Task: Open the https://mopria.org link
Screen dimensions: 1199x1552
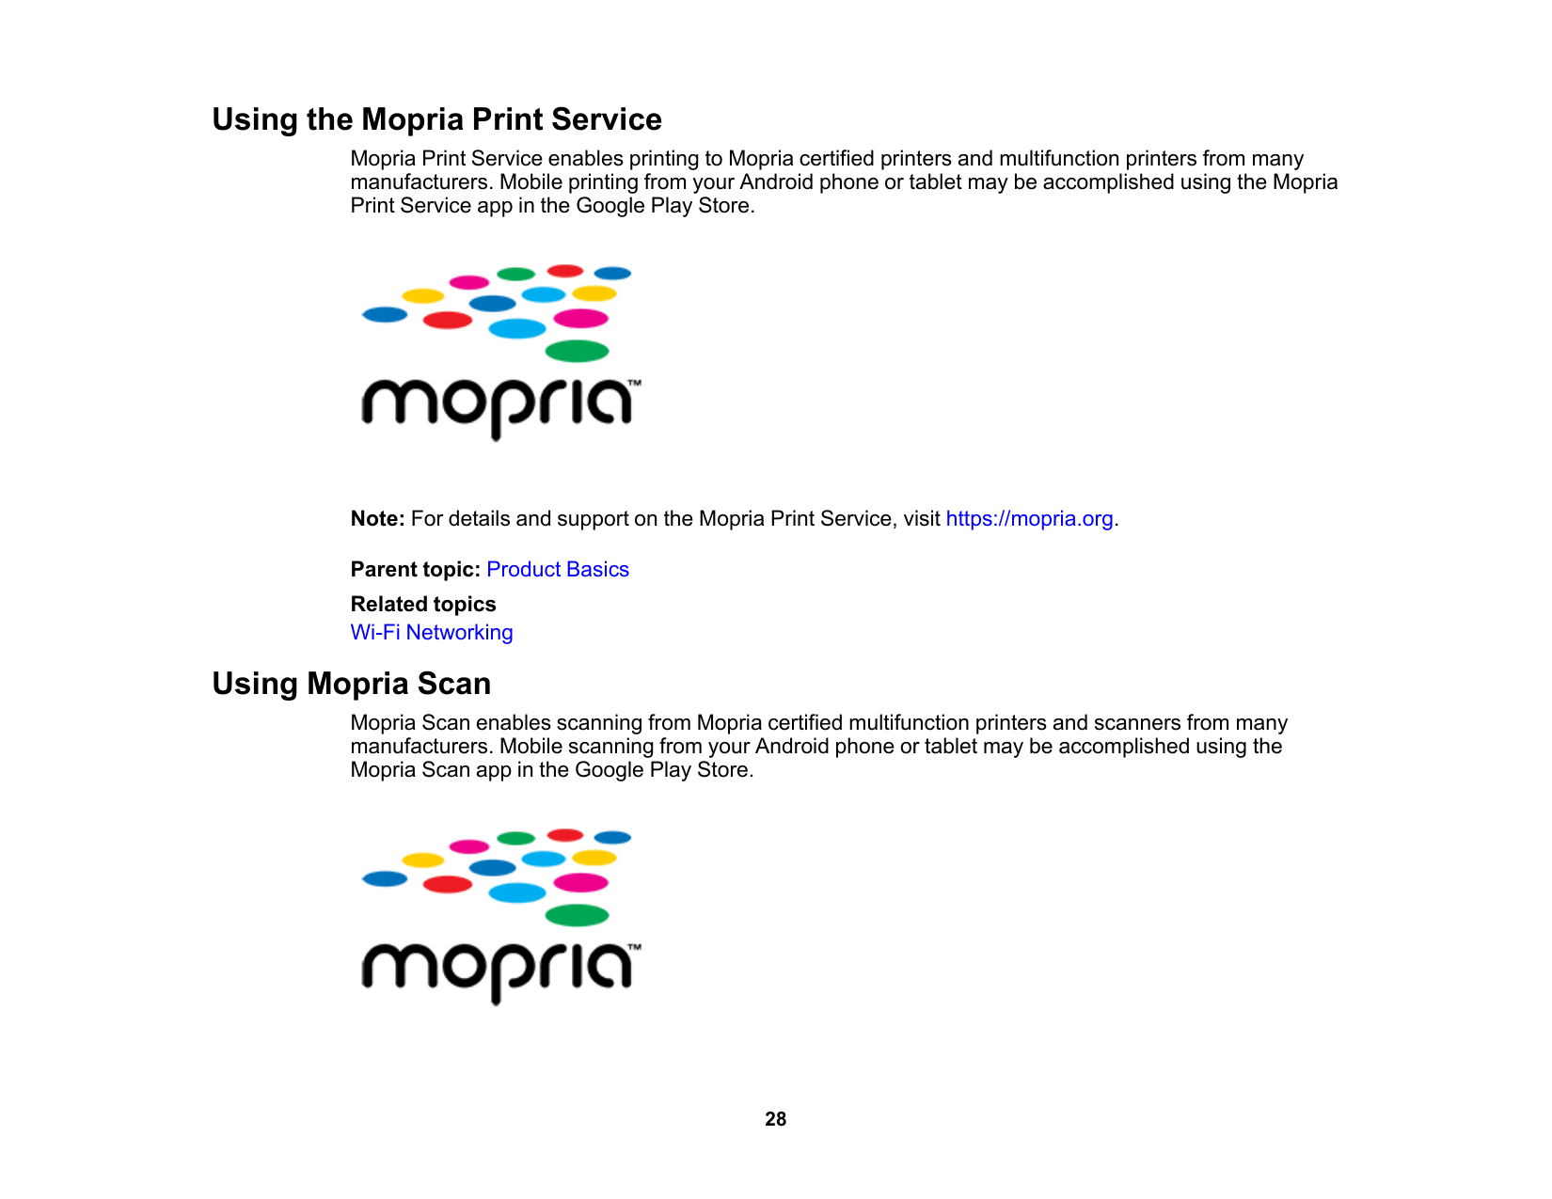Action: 1029,519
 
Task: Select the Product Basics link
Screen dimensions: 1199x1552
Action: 557,570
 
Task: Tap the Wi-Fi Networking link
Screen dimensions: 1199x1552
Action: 432,633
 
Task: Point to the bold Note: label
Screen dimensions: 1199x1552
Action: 377,519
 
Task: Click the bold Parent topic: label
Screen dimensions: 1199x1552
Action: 415,570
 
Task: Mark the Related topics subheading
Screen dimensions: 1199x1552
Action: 423,605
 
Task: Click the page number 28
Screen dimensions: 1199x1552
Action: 775,1119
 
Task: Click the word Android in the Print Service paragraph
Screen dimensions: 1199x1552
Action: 776,182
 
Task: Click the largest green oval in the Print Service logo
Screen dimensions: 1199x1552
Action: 577,352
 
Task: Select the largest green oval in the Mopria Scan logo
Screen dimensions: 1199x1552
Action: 577,916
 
